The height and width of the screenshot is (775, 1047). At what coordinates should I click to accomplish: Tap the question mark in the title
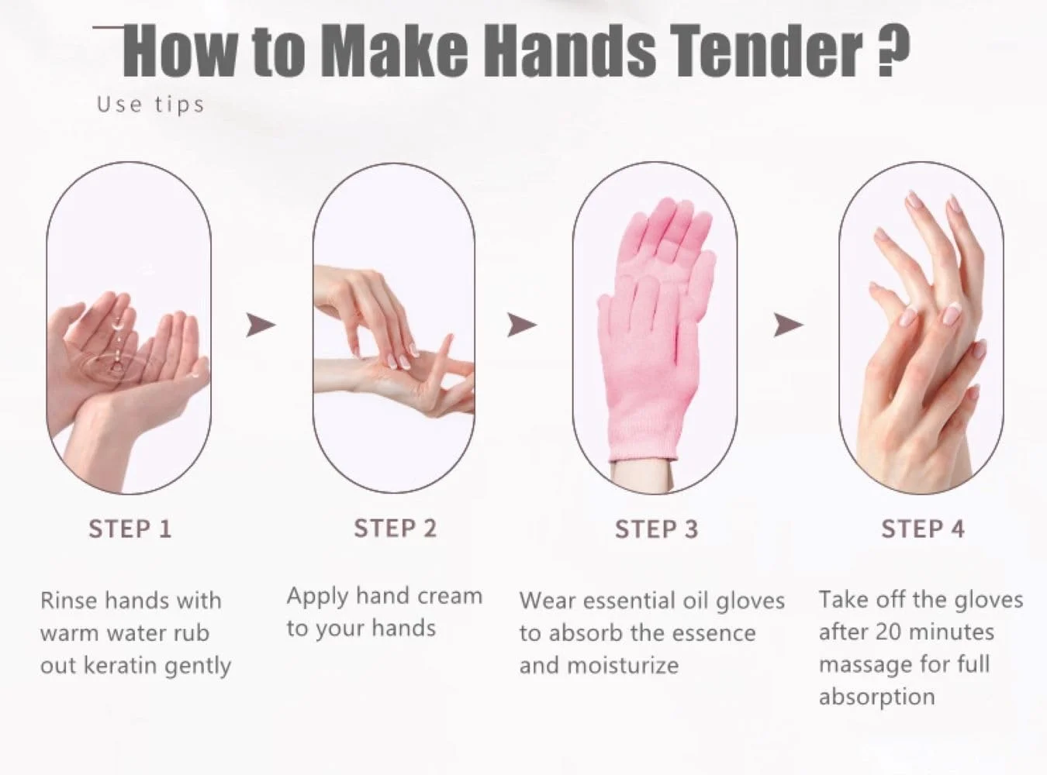(893, 50)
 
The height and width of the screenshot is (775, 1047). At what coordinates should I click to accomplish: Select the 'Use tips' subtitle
(150, 105)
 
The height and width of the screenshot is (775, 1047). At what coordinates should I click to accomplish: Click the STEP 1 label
(130, 529)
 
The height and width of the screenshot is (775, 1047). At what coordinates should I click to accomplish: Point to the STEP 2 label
(395, 528)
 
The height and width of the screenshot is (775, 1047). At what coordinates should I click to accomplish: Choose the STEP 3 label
(656, 529)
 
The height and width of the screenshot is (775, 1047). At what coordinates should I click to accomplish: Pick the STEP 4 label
(923, 529)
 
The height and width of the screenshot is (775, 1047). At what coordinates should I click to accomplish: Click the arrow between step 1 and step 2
(261, 325)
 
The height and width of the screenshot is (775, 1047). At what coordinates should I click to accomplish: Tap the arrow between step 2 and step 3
(522, 325)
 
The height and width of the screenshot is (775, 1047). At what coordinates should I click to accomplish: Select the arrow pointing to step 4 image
(788, 325)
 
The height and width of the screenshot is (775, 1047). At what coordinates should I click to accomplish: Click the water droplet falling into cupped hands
(116, 325)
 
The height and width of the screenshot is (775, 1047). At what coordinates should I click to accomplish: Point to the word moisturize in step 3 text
(623, 666)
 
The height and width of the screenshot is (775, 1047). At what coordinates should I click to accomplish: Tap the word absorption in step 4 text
(877, 697)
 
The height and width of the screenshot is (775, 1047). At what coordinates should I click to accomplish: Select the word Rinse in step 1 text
(69, 601)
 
